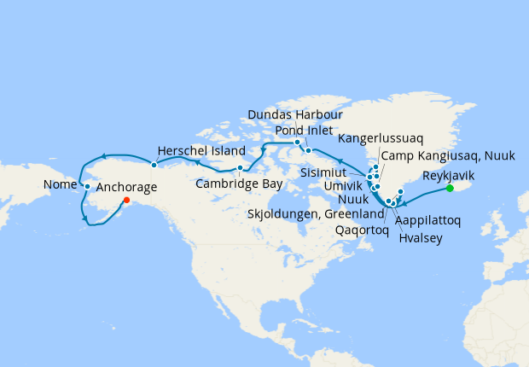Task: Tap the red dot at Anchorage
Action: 126,201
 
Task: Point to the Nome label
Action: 61,185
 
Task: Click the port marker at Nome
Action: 87,185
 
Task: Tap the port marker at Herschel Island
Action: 154,165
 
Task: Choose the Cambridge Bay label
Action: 235,183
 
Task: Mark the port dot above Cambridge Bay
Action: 241,167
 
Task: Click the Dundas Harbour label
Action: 295,114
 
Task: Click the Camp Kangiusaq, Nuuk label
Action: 439,155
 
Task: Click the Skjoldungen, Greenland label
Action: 317,213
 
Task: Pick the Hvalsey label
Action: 421,238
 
